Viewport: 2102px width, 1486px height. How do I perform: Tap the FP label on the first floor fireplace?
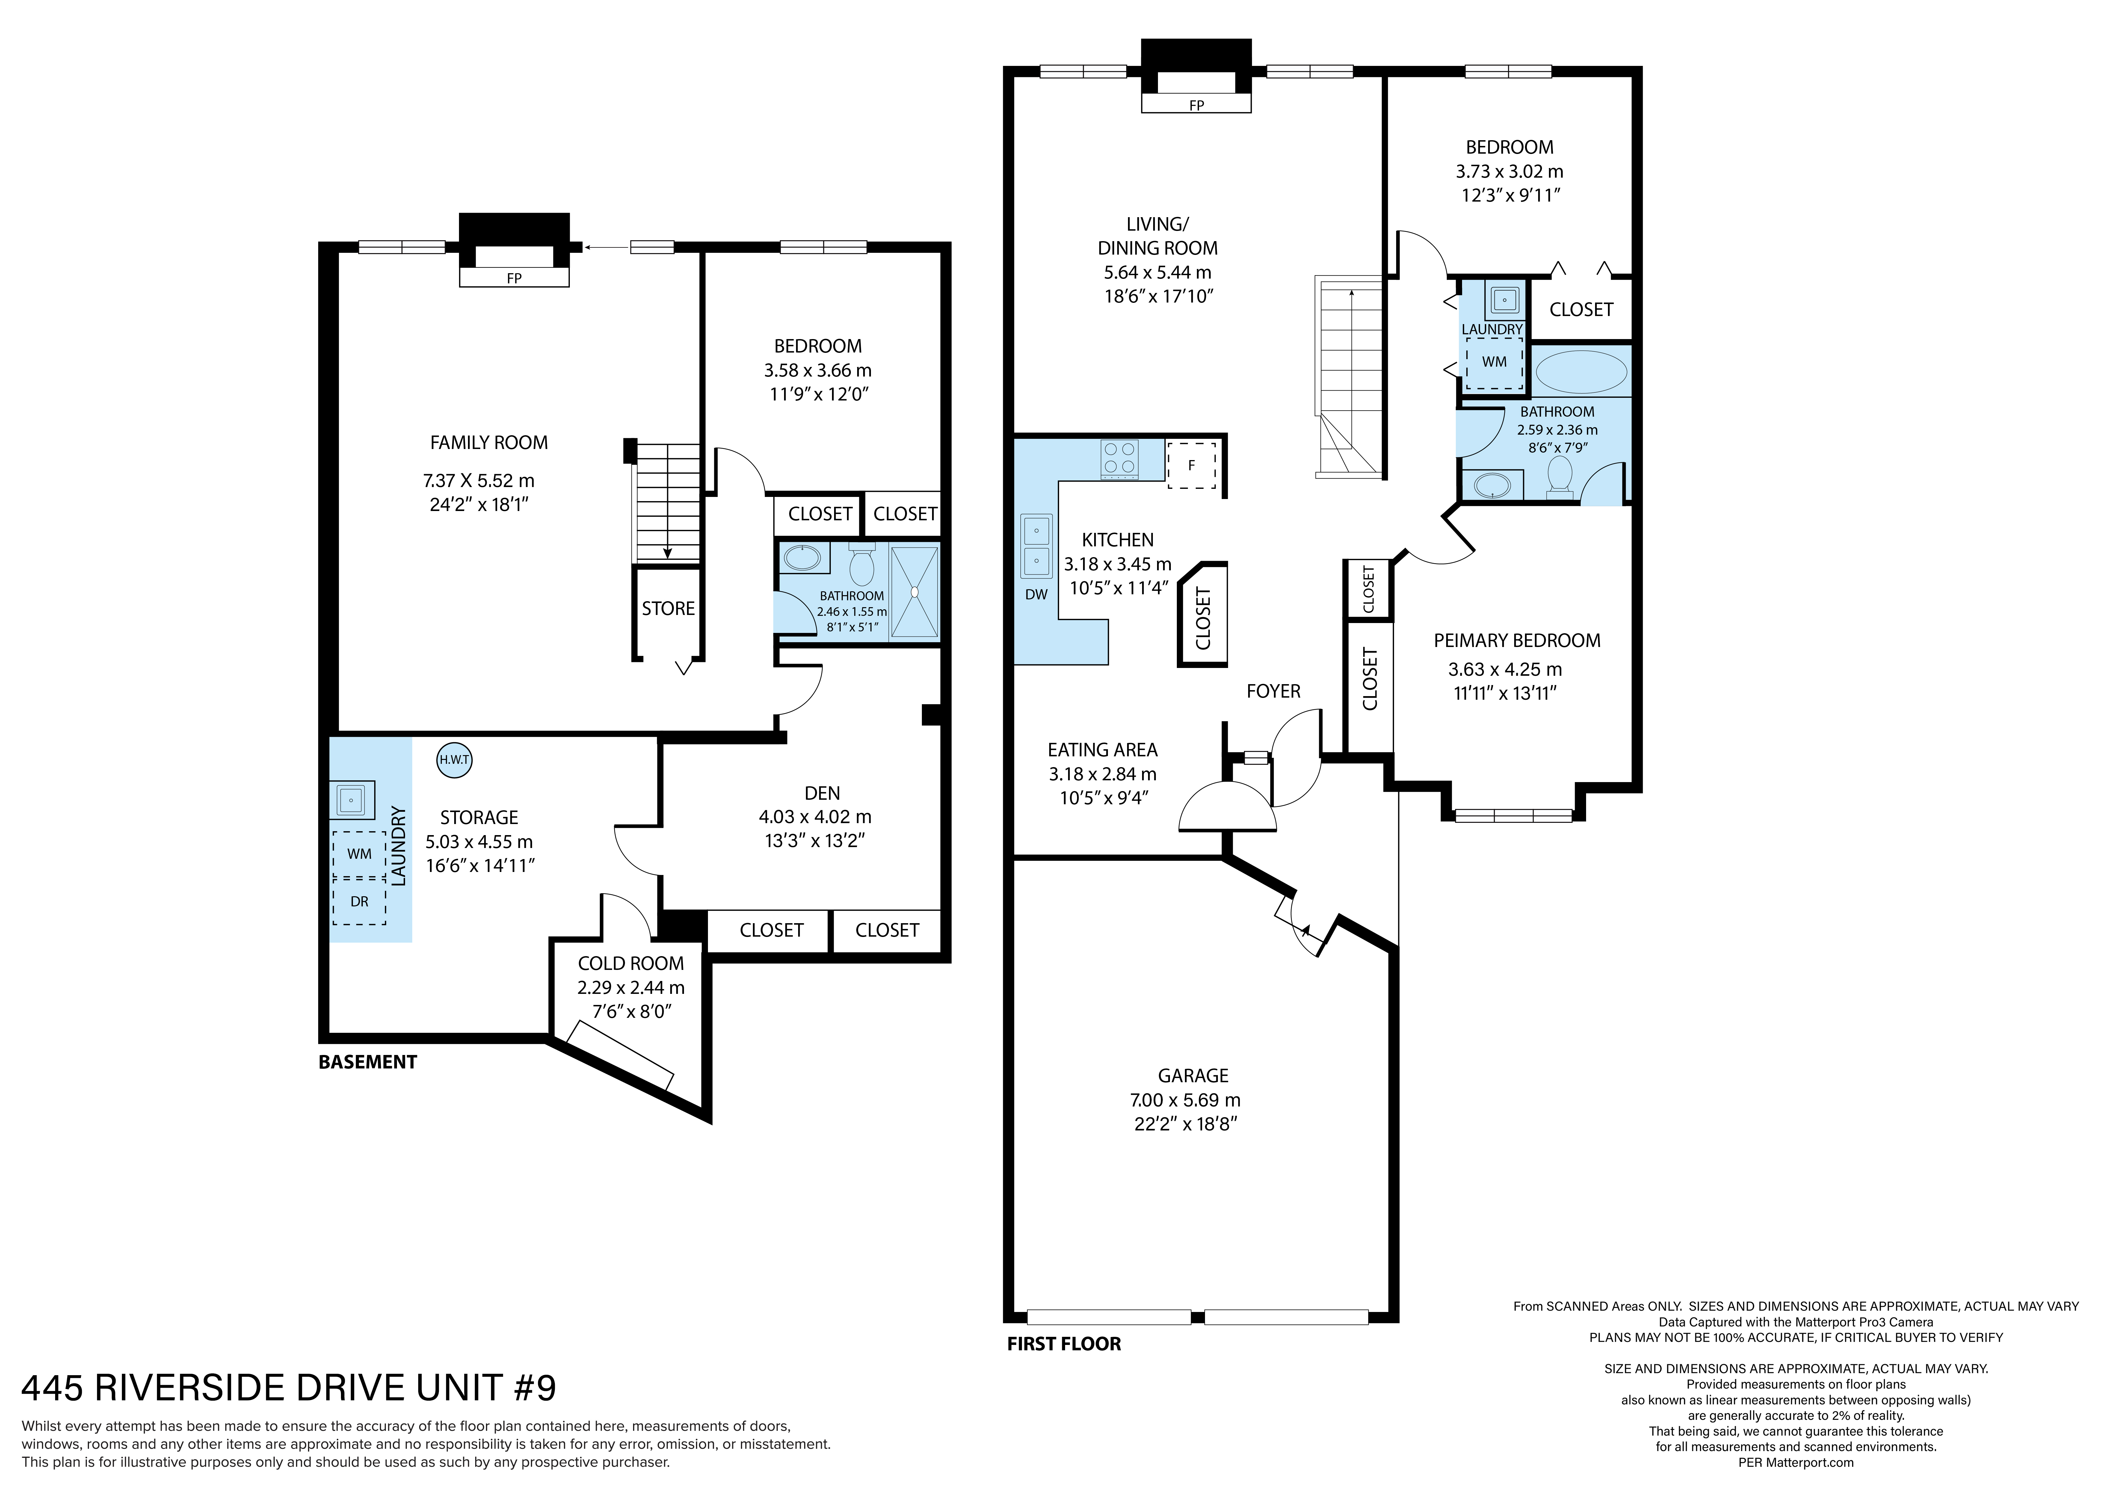coord(1196,105)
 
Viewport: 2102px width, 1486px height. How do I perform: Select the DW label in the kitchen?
coord(1036,594)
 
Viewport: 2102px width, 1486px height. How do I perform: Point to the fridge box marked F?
coord(1191,465)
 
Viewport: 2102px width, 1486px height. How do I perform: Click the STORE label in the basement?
coord(668,609)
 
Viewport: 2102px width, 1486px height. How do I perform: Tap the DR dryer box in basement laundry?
coord(359,902)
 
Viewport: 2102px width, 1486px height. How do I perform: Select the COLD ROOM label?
coord(631,963)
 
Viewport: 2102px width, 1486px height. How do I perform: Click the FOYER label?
coord(1274,691)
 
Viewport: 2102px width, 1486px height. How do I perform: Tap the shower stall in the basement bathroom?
coord(915,592)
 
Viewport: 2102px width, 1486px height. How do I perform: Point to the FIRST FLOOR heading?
coord(1064,1344)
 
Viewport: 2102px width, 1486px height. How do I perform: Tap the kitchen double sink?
coord(1036,546)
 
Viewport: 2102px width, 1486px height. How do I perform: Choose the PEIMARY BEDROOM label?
coord(1517,641)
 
